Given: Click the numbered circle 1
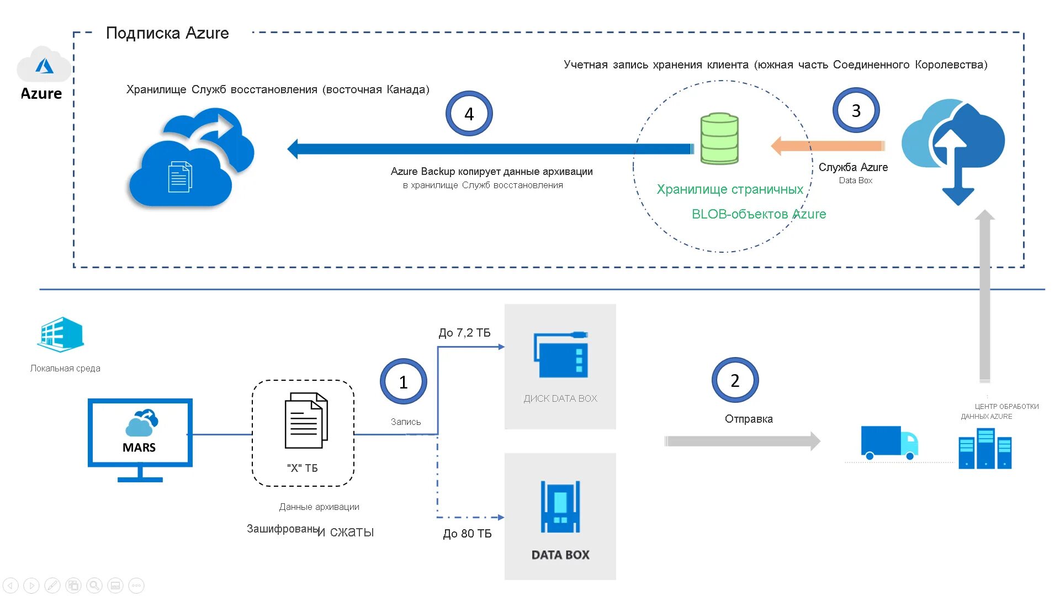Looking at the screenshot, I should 403,382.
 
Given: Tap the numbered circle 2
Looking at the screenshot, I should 735,380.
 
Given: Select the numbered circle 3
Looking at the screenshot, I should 856,110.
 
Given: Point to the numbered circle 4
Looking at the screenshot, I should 469,114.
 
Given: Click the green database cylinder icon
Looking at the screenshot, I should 719,139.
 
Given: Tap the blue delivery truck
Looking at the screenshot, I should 889,443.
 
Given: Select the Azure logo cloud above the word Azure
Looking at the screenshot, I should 44,66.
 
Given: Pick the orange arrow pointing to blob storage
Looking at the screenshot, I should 828,146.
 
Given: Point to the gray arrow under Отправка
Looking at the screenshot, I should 743,441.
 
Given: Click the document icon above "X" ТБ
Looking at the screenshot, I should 306,421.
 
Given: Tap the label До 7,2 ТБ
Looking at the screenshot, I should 464,333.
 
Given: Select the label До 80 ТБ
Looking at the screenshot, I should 467,534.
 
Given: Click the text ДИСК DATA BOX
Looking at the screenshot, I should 560,398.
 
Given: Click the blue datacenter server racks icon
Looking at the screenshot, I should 985,449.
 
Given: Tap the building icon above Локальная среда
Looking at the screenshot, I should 61,334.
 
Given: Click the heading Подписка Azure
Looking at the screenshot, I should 167,33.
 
